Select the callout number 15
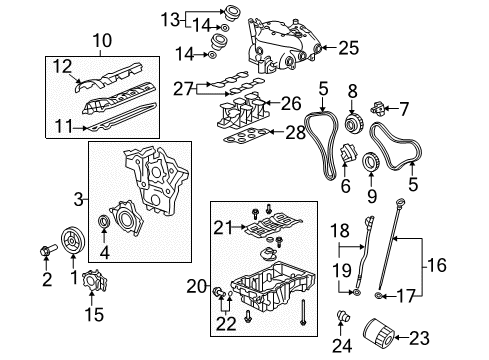click(x=93, y=315)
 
